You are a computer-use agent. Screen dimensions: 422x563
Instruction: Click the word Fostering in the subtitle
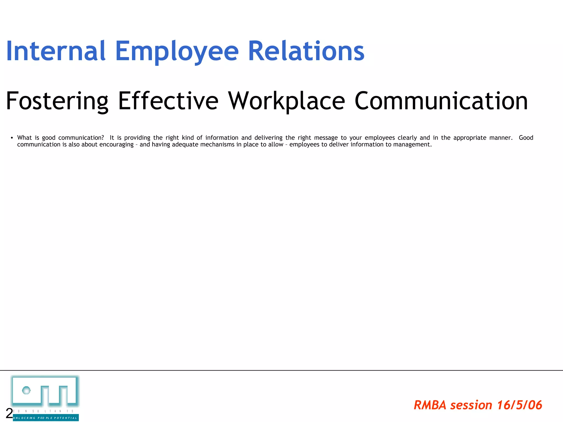[x=57, y=101]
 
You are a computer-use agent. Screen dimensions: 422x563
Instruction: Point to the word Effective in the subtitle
[x=168, y=101]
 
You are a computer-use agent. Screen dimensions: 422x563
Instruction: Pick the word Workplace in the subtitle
[x=286, y=101]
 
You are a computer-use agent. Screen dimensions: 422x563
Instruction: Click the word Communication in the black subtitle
[x=441, y=101]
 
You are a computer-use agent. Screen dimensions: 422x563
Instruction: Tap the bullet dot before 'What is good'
[x=12, y=138]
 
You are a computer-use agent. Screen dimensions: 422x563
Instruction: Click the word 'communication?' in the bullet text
[x=81, y=138]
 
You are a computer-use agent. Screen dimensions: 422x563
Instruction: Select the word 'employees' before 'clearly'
[x=380, y=138]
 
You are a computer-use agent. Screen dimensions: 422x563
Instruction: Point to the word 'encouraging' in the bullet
[x=116, y=145]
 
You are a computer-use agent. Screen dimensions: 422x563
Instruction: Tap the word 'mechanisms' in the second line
[x=217, y=145]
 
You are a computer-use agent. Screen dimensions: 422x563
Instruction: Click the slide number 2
[x=9, y=413]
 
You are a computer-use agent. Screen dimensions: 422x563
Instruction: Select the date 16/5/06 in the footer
[x=520, y=405]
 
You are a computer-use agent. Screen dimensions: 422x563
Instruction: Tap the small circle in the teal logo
[x=26, y=390]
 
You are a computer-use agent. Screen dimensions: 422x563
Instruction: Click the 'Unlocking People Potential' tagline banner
[x=46, y=418]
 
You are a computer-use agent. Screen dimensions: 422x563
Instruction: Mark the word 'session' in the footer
[x=471, y=405]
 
